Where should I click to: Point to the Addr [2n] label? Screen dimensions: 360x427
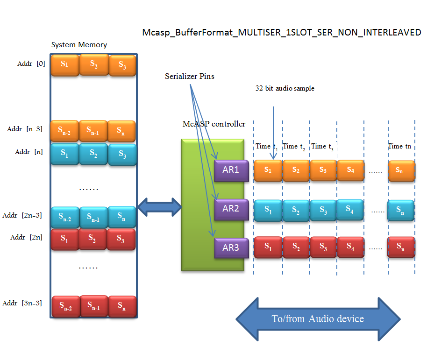[27, 237]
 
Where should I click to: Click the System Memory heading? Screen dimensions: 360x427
[79, 45]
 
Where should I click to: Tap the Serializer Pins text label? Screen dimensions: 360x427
[190, 76]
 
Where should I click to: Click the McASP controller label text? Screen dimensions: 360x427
[214, 124]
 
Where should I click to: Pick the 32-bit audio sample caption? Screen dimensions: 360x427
[285, 88]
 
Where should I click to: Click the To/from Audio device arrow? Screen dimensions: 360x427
[318, 319]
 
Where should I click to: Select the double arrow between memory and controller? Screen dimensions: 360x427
[160, 207]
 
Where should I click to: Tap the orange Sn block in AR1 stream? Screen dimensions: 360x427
[401, 170]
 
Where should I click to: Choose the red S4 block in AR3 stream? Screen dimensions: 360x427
[350, 247]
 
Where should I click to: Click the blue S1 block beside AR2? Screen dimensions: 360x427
[268, 210]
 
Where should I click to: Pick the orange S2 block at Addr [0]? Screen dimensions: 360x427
[94, 64]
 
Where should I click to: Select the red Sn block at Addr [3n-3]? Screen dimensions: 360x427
[121, 307]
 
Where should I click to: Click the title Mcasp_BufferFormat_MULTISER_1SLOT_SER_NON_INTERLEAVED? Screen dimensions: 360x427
[282, 33]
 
